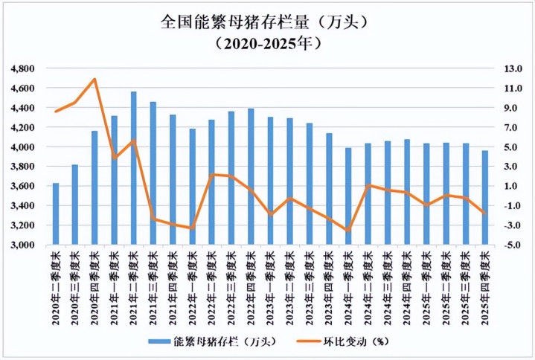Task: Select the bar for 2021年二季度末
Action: pyautogui.click(x=133, y=168)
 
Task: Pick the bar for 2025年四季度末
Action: pyautogui.click(x=484, y=198)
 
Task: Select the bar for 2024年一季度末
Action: pyautogui.click(x=347, y=196)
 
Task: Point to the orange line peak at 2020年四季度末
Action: pyautogui.click(x=94, y=79)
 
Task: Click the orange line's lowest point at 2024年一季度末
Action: pyautogui.click(x=347, y=231)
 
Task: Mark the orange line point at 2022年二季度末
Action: pyautogui.click(x=211, y=175)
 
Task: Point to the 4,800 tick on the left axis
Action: pyautogui.click(x=24, y=68)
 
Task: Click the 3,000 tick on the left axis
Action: pyautogui.click(x=24, y=245)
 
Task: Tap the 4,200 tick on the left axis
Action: pyautogui.click(x=24, y=127)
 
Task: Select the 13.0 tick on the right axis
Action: pyautogui.click(x=513, y=68)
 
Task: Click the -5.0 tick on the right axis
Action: pyautogui.click(x=513, y=245)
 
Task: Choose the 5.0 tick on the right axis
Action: pyautogui.click(x=513, y=147)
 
